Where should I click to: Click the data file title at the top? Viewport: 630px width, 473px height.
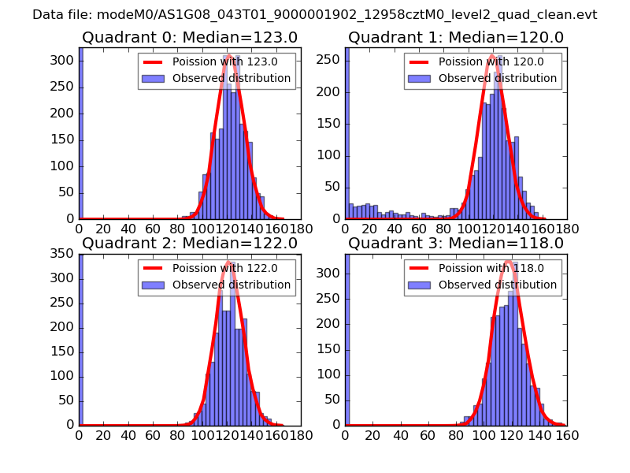tap(315, 15)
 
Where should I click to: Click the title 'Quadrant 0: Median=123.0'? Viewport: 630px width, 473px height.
tap(189, 37)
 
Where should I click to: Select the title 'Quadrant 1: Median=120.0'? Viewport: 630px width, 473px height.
tap(456, 37)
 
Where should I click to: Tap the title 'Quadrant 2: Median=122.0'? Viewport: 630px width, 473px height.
tap(189, 243)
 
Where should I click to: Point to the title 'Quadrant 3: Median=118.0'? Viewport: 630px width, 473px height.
tap(456, 243)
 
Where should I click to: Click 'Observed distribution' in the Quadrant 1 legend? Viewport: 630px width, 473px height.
tap(498, 78)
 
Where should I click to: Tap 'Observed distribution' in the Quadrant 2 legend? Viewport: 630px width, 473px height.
tap(232, 284)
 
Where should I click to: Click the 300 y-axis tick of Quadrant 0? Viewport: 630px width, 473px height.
tap(65, 60)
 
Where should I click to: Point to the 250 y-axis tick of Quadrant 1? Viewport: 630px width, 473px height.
tap(331, 60)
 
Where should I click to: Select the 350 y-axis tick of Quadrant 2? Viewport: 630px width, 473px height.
tap(65, 254)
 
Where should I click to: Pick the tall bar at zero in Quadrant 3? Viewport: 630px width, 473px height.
tap(347, 339)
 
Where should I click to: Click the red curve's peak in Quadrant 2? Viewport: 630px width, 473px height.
tap(229, 262)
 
